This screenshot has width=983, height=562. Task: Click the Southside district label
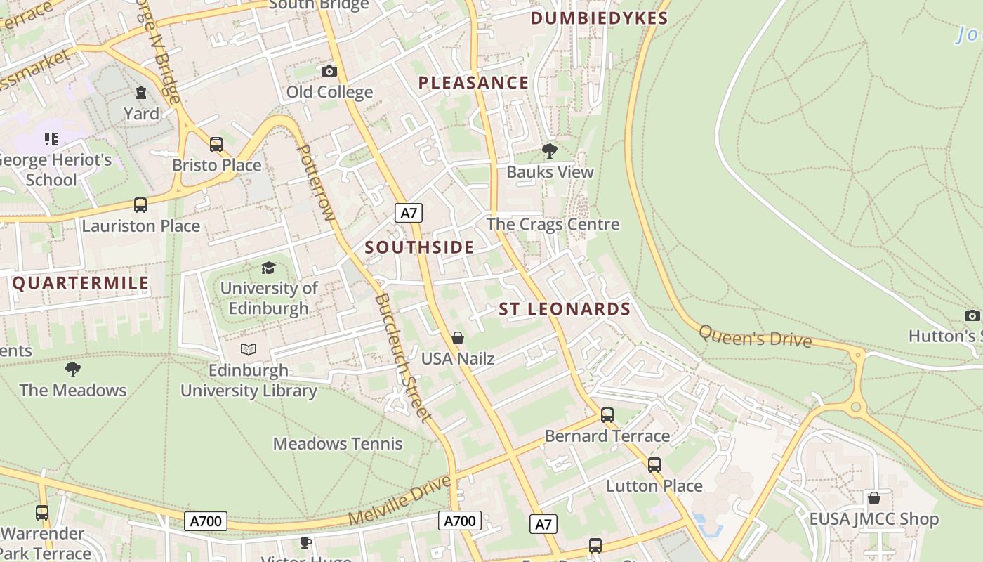pyautogui.click(x=419, y=247)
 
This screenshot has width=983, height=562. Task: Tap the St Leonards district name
pyautogui.click(x=565, y=309)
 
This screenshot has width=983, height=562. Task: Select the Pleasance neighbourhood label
pyautogui.click(x=473, y=83)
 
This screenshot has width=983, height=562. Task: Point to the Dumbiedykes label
pyautogui.click(x=599, y=18)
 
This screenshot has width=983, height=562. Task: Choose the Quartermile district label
pyautogui.click(x=81, y=283)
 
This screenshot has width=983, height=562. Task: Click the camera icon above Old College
pyautogui.click(x=329, y=71)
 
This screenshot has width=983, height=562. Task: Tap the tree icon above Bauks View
pyautogui.click(x=550, y=150)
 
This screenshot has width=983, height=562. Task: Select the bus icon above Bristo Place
pyautogui.click(x=216, y=145)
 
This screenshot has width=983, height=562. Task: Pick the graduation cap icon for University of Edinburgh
pyautogui.click(x=268, y=268)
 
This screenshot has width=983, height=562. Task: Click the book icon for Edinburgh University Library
pyautogui.click(x=249, y=349)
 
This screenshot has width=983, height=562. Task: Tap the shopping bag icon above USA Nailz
pyautogui.click(x=458, y=338)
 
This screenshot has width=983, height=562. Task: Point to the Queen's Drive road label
pyautogui.click(x=755, y=336)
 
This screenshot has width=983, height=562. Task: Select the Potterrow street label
pyautogui.click(x=317, y=183)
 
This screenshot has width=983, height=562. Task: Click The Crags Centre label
pyautogui.click(x=553, y=225)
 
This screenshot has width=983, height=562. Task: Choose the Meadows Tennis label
pyautogui.click(x=338, y=444)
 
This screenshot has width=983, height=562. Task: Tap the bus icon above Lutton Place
pyautogui.click(x=654, y=464)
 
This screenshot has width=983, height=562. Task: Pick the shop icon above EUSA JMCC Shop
pyautogui.click(x=873, y=498)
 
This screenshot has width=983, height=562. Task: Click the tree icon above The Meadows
pyautogui.click(x=72, y=369)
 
